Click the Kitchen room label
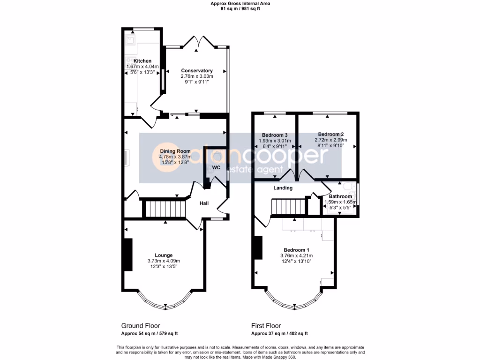tap(142, 61)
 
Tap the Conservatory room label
tap(197, 71)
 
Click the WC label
tap(216, 167)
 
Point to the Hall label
tap(204, 203)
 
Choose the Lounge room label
tap(164, 255)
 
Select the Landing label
tap(283, 188)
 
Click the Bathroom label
tap(340, 196)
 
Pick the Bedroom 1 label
tap(296, 250)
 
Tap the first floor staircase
tap(287, 206)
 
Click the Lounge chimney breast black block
tap(127, 254)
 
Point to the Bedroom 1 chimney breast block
tap(257, 247)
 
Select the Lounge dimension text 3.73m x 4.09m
tap(164, 261)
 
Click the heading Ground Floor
tap(141, 325)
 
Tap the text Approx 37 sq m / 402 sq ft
tap(279, 334)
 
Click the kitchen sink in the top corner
tap(130, 40)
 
